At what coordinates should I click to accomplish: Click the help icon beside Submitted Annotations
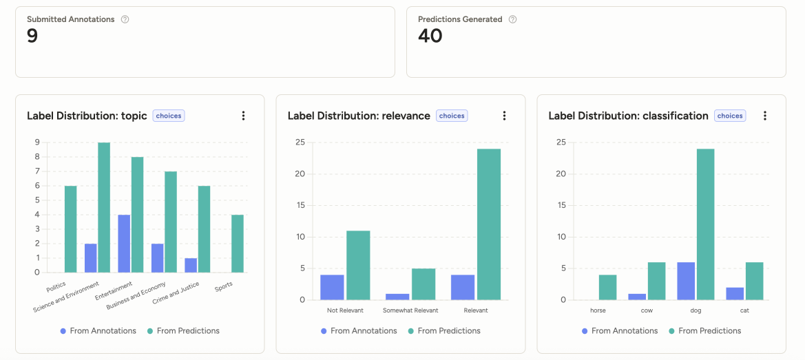[x=125, y=19]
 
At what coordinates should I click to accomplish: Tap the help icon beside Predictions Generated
[x=512, y=19]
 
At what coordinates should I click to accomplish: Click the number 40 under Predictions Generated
[x=430, y=36]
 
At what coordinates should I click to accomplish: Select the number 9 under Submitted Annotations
[x=32, y=36]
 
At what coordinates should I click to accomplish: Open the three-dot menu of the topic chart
[x=243, y=116]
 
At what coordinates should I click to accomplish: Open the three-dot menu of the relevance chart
[x=504, y=116]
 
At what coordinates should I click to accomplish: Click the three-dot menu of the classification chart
[x=764, y=116]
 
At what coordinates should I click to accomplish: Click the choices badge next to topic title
[x=169, y=116]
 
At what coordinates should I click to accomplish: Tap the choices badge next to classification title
[x=729, y=116]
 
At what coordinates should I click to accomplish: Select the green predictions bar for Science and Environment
[x=104, y=207]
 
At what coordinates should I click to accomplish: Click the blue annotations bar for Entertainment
[x=124, y=244]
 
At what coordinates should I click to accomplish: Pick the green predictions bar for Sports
[x=238, y=244]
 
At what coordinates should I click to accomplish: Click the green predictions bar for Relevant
[x=488, y=224]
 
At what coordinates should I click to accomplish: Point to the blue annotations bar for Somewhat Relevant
[x=397, y=297]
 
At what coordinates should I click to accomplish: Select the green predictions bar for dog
[x=705, y=224]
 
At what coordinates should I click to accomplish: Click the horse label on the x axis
[x=598, y=310]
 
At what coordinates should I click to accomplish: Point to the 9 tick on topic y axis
[x=36, y=142]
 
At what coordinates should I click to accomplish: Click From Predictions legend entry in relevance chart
[x=444, y=331]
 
